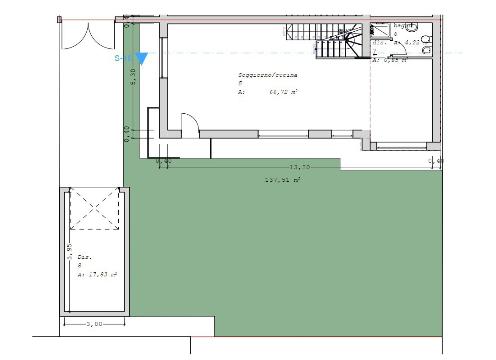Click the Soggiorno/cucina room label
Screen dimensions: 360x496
(x=268, y=75)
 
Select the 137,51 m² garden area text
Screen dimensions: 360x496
(x=283, y=180)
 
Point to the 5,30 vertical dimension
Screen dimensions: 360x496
(x=133, y=77)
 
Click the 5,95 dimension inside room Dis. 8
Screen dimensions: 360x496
(x=70, y=251)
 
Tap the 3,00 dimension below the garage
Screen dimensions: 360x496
(x=94, y=324)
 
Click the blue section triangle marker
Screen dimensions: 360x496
(x=142, y=59)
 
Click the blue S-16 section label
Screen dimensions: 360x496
(x=123, y=59)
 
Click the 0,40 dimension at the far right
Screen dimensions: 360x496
(x=436, y=161)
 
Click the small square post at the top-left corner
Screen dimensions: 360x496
(x=59, y=20)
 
